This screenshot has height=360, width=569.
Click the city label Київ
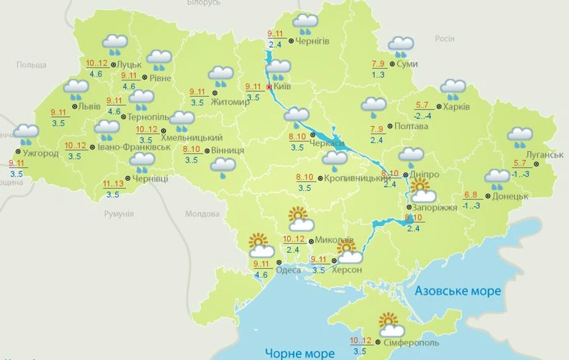(282, 87)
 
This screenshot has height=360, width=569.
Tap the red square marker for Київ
(269, 87)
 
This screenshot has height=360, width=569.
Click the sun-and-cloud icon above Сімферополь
(391, 325)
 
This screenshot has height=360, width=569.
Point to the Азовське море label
(458, 291)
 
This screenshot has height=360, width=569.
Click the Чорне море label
(300, 353)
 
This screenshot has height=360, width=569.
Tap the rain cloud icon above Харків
(453, 89)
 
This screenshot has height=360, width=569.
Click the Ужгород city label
(40, 153)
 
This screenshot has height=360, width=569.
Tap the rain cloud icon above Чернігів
(305, 23)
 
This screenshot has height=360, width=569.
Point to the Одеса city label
(288, 270)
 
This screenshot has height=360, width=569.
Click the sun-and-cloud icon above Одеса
(260, 245)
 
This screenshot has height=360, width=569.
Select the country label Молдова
(202, 214)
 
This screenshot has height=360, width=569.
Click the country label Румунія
(119, 214)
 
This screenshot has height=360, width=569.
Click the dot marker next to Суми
(392, 64)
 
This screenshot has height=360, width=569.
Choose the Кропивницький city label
(356, 179)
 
